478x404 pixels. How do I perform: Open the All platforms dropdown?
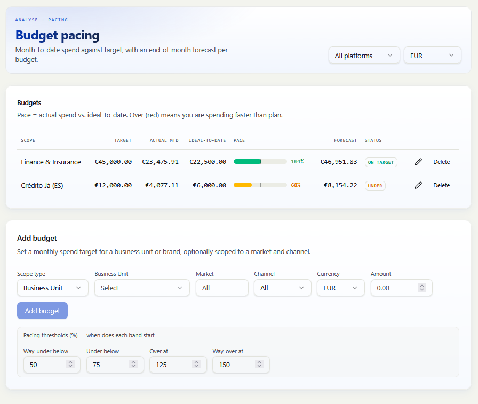(364, 56)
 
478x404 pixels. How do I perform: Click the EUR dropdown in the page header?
(432, 56)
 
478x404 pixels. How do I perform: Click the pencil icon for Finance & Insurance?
(418, 162)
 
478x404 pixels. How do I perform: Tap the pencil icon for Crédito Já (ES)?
(418, 185)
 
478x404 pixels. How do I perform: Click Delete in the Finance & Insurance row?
(441, 162)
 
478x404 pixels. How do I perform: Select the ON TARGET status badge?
(381, 162)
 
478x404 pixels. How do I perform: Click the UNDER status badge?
(375, 186)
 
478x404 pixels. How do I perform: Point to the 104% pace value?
(297, 162)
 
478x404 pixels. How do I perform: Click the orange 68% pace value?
(296, 185)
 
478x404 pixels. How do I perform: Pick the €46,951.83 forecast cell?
(338, 162)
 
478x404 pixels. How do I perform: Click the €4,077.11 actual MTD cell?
(162, 185)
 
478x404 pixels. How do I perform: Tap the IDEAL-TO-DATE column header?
(208, 140)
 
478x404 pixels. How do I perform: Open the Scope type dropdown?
(53, 288)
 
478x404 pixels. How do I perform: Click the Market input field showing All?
(222, 288)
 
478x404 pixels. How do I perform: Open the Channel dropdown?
(283, 288)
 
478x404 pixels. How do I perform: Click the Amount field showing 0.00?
(402, 288)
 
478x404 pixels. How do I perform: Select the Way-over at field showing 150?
(241, 365)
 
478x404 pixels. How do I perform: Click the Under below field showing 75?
(115, 365)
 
